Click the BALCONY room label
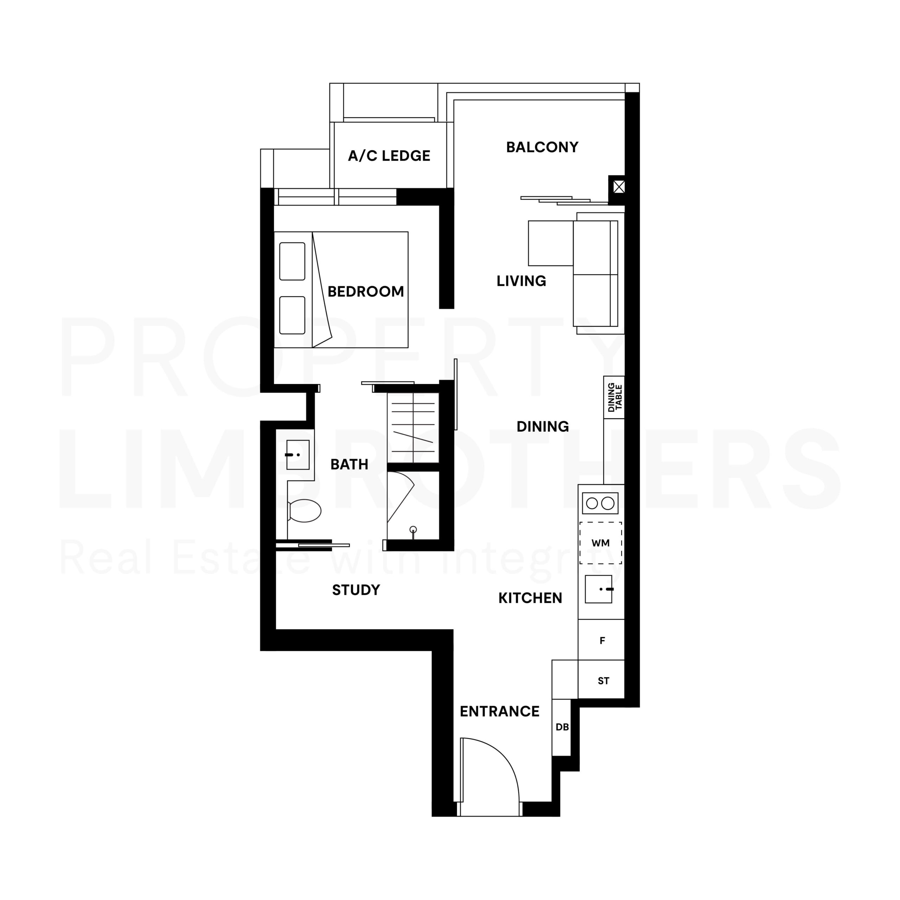[542, 147]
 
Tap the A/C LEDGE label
[389, 156]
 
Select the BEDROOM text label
[366, 291]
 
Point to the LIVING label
[521, 281]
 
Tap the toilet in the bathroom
[304, 510]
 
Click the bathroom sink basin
[298, 455]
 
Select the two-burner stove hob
[600, 503]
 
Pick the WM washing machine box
[600, 543]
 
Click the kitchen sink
[599, 589]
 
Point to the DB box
[561, 727]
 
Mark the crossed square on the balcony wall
[619, 187]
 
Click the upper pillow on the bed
[292, 261]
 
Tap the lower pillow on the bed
[292, 315]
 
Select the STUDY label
[356, 590]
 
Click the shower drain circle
[413, 530]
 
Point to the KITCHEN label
[530, 598]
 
